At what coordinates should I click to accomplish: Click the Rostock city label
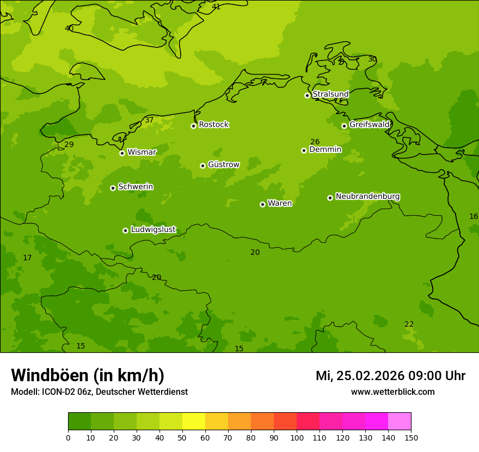click(x=213, y=125)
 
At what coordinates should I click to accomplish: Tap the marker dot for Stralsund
click(x=307, y=95)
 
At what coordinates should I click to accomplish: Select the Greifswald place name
click(x=369, y=125)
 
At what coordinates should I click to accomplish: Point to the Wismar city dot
click(x=122, y=153)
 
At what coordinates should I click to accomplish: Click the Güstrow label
click(x=223, y=164)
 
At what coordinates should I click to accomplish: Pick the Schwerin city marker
click(x=113, y=188)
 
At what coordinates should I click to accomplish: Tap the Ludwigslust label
click(x=153, y=230)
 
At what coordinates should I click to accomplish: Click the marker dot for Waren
click(x=262, y=204)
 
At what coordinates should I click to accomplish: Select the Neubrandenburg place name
click(x=367, y=197)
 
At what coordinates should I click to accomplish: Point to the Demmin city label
click(x=325, y=150)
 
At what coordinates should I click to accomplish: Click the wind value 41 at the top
click(x=216, y=7)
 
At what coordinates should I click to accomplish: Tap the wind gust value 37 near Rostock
click(x=149, y=120)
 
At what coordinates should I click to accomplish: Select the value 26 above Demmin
click(x=315, y=142)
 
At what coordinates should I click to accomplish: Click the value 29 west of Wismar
click(x=69, y=145)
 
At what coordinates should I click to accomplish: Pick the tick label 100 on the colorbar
click(x=297, y=438)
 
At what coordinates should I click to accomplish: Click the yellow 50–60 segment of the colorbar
click(x=194, y=422)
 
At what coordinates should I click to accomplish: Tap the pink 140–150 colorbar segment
click(x=400, y=422)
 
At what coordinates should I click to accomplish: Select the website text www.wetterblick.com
click(x=392, y=392)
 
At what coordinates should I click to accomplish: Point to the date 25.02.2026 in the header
click(x=370, y=376)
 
